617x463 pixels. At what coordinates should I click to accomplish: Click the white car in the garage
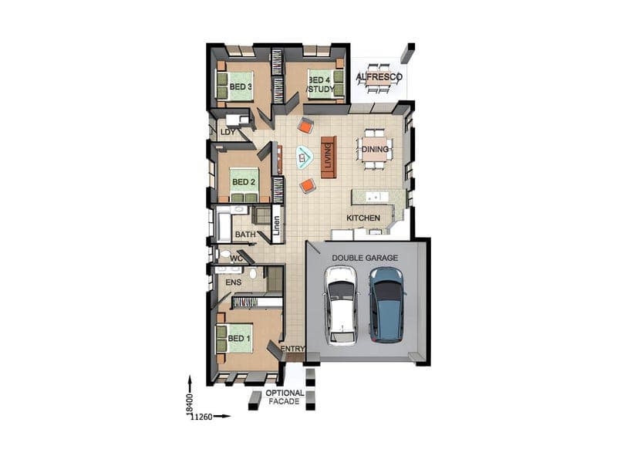pos(341,306)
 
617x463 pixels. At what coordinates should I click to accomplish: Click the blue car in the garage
pos(387,304)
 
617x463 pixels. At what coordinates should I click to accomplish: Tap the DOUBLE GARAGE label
pos(365,258)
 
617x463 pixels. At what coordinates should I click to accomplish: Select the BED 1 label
pos(239,338)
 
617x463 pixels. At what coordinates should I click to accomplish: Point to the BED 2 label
pos(244,182)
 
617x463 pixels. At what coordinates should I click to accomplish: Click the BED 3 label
pos(241,86)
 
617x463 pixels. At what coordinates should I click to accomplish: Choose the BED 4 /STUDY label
pos(321,85)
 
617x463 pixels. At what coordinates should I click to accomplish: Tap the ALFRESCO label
pos(379,76)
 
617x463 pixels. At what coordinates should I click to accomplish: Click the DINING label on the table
pos(375,149)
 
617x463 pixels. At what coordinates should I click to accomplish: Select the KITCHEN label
pos(363,218)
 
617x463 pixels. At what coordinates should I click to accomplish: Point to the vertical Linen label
pos(277,225)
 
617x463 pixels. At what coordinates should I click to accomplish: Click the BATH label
pos(245,235)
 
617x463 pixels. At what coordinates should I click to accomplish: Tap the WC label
pos(236,259)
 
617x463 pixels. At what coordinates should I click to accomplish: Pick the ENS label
pos(234,282)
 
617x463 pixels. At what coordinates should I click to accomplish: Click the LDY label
pos(228,132)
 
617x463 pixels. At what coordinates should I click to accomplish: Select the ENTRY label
pos(293,349)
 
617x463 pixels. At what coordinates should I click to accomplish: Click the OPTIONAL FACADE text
pos(285,397)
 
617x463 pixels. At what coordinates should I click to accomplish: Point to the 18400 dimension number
pos(189,404)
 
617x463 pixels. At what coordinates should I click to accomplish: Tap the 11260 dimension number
pos(201,417)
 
